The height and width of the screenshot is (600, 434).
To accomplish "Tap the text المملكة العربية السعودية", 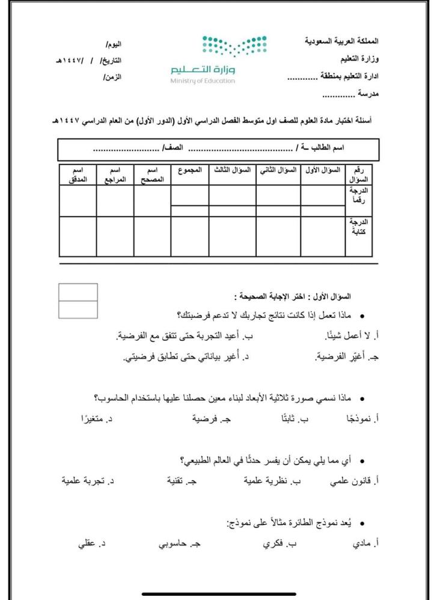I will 342,43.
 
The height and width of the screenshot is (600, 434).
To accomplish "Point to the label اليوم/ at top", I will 113,45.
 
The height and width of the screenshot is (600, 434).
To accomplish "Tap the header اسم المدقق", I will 78,175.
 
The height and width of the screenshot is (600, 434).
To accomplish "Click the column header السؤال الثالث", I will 232,170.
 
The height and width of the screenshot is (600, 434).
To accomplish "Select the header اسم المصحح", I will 152,175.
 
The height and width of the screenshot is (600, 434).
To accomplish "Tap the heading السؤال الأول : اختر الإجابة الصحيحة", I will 293,296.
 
